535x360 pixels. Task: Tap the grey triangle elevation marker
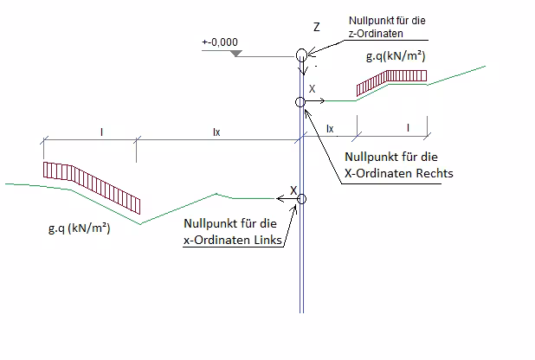[x=236, y=55]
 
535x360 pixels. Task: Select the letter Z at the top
[x=316, y=28]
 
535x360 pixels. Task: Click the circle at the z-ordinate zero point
[x=301, y=56]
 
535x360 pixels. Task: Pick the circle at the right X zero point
[x=300, y=102]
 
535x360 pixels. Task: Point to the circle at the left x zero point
[x=301, y=200]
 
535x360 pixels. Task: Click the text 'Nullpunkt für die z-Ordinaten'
[x=388, y=27]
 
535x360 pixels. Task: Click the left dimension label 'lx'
[x=216, y=132]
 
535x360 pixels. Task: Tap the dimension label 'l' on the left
[x=102, y=132]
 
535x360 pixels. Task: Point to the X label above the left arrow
[x=293, y=189]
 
